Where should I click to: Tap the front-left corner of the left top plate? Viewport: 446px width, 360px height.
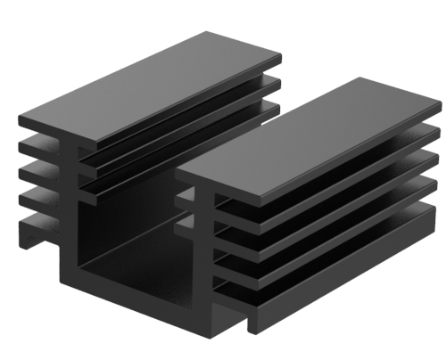21,114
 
